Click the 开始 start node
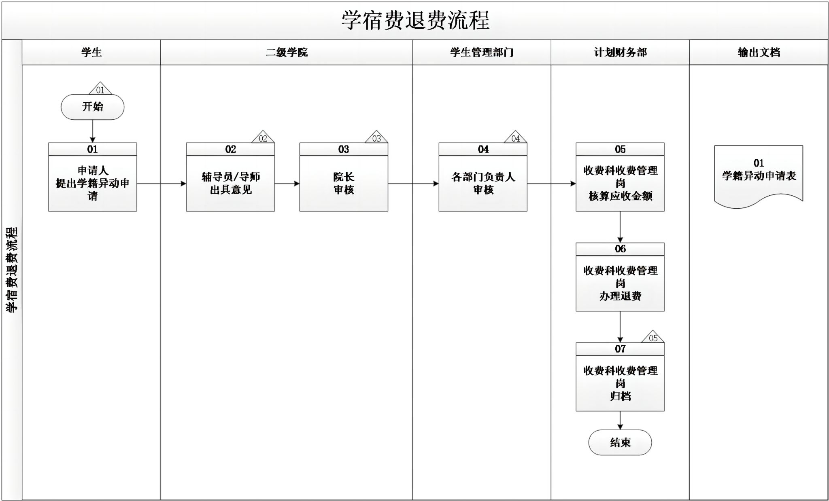pos(92,107)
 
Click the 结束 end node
pos(620,442)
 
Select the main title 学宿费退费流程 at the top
pos(415,20)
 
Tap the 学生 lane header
pos(91,52)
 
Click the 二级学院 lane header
pos(286,52)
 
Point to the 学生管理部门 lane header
pos(481,52)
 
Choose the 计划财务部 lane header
pos(620,52)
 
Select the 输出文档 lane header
pos(759,52)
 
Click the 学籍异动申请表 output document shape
pos(759,174)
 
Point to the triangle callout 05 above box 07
pos(653,338)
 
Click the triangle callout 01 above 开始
pos(100,89)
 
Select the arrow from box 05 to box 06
pos(620,227)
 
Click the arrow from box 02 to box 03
pos(287,184)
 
